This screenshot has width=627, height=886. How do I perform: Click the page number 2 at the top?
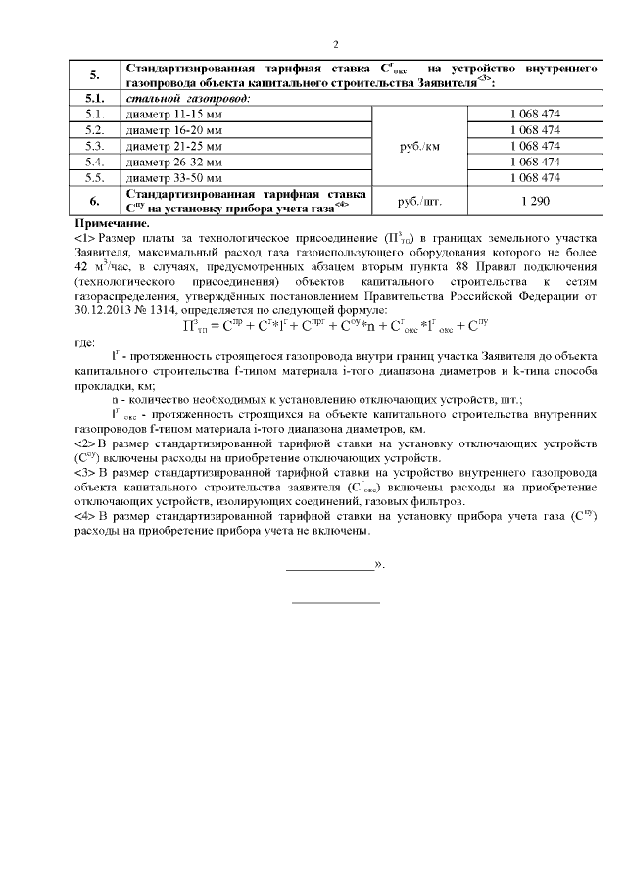point(335,44)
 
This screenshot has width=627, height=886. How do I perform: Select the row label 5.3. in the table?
point(95,145)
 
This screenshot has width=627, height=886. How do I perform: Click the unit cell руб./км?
point(420,146)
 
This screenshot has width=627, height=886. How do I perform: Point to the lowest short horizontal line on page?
point(336,602)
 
